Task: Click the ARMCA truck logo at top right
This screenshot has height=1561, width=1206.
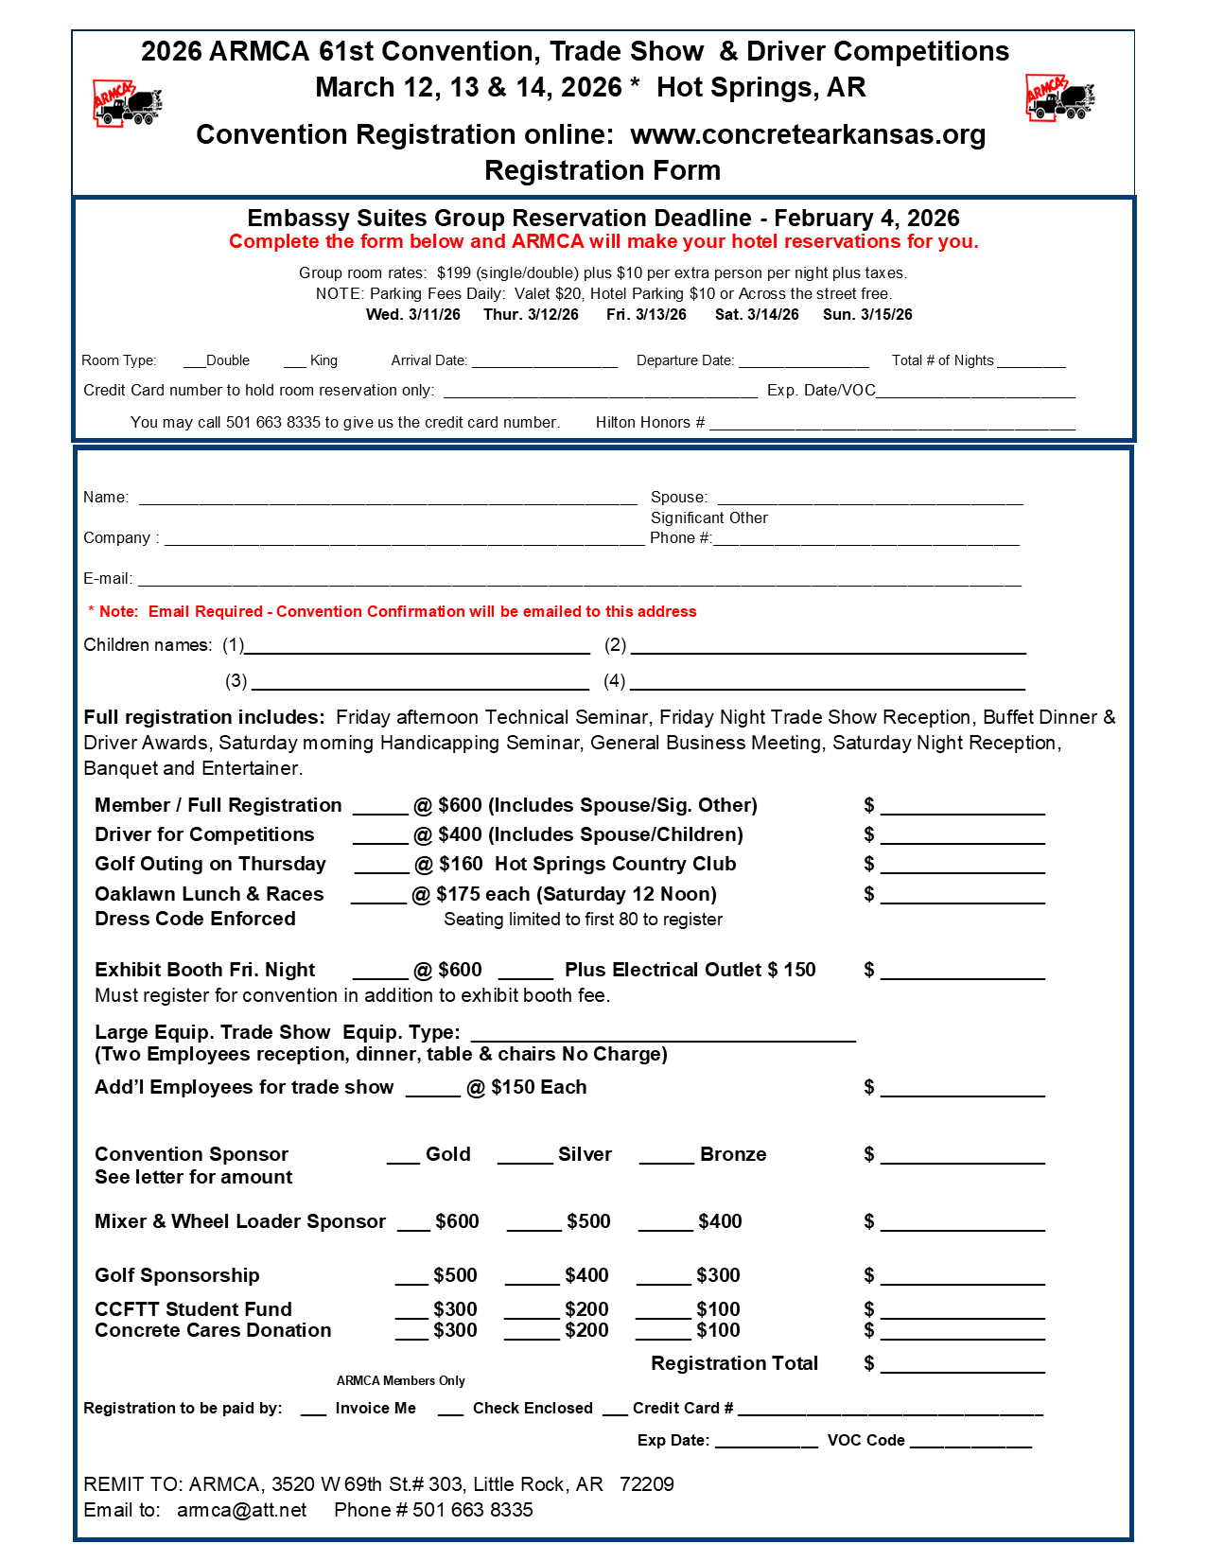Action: (x=1060, y=97)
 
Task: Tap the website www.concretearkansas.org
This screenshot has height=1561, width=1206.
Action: (x=808, y=134)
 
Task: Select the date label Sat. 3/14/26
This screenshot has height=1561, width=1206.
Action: (x=757, y=314)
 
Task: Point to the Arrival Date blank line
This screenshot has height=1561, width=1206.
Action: (x=545, y=364)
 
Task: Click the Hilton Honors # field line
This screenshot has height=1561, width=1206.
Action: (x=892, y=427)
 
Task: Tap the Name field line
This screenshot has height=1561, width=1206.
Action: (x=388, y=500)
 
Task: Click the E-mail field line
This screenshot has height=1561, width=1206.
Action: (x=579, y=583)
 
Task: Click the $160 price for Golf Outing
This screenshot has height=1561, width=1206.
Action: (x=461, y=864)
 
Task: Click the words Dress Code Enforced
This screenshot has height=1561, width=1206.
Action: (x=195, y=919)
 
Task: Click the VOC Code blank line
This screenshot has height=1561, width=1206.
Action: (x=970, y=1445)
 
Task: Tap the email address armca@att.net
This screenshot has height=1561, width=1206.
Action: (x=242, y=1510)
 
